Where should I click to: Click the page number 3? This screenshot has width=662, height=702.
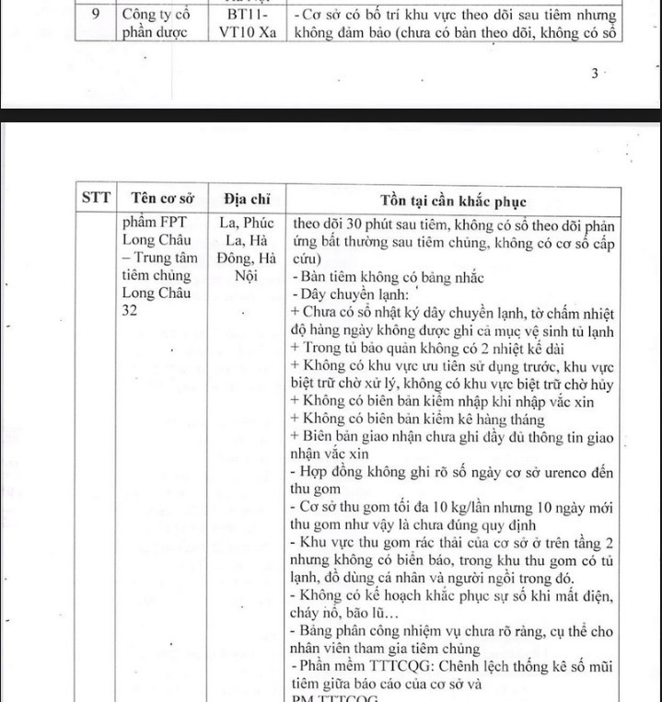pyautogui.click(x=595, y=75)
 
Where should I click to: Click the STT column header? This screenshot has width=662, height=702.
pyautogui.click(x=96, y=198)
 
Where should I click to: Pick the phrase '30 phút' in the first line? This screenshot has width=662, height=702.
pyautogui.click(x=364, y=224)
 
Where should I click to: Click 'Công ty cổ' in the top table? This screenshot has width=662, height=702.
pyautogui.click(x=156, y=15)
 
